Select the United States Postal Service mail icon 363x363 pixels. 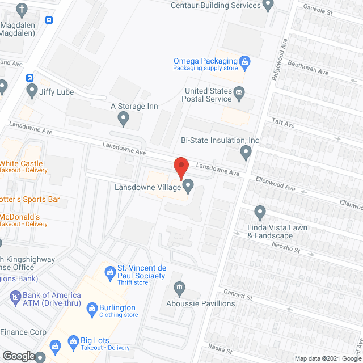point(239,92)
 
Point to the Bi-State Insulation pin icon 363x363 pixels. point(246,151)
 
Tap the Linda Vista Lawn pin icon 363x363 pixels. point(260,213)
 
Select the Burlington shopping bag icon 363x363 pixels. point(92,308)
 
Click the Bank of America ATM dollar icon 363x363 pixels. point(15,296)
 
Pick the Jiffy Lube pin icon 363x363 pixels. point(30,90)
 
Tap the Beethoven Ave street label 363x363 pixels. point(308,68)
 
